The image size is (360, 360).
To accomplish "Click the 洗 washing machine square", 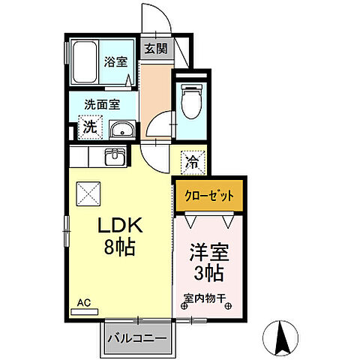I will pyautogui.click(x=89, y=127).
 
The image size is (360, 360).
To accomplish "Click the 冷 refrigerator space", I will pyautogui.click(x=192, y=160).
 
